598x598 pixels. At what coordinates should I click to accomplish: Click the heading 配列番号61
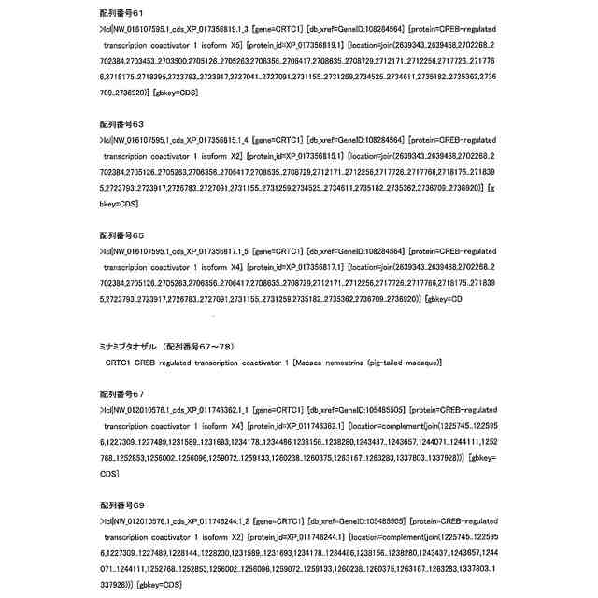click(121, 15)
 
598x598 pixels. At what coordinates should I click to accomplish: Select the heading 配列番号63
click(121, 124)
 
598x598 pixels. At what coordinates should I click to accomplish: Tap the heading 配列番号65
click(121, 234)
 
